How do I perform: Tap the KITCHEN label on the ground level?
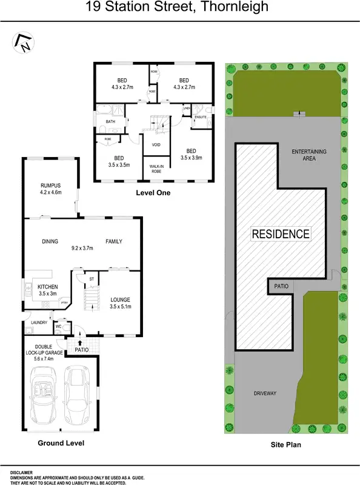coord(48,286)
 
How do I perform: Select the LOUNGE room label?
coord(120,299)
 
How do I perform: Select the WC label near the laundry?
coord(58,326)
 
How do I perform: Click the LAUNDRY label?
coord(39,323)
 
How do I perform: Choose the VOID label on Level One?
coord(156,144)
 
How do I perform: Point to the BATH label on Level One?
coord(110,122)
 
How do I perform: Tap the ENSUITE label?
coord(201,117)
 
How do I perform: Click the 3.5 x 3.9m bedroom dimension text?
coord(191,157)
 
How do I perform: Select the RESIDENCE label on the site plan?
coord(281,234)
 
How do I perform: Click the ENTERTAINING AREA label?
coord(308,155)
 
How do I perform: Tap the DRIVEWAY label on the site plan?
coord(264,393)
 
